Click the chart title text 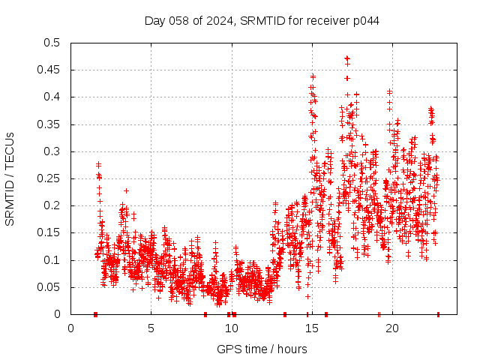(261, 20)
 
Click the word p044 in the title (365, 20)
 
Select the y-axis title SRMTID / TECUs (10, 178)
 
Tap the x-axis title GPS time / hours (261, 349)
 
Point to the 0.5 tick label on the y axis (52, 43)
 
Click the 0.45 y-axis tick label (49, 70)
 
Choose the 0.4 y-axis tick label (52, 97)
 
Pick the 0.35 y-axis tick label (49, 124)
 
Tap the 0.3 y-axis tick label (52, 151)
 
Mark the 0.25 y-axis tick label (49, 178)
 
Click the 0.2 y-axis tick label (52, 205)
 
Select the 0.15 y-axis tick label (49, 233)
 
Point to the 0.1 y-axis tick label (52, 260)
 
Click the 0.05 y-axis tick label (49, 287)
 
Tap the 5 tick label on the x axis (151, 328)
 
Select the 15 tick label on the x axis (311, 328)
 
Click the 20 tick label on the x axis (391, 328)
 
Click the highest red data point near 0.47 (346, 58)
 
